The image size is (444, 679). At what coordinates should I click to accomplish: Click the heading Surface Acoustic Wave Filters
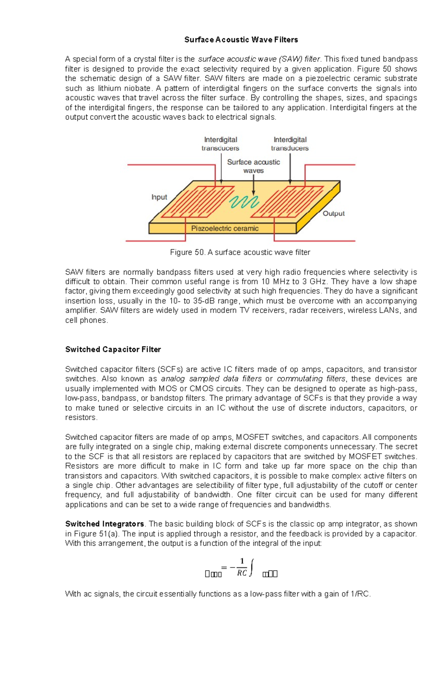pos(241,40)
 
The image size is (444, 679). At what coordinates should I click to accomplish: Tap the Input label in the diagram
pos(159,197)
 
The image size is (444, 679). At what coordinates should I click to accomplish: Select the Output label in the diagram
pos(333,214)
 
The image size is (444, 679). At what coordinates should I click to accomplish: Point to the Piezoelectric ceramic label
pos(225,229)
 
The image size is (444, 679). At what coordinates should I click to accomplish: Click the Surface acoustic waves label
pos(253,166)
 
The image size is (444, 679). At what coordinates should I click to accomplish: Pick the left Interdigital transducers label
pos(221,144)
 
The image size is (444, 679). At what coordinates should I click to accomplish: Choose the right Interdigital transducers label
pos(290,144)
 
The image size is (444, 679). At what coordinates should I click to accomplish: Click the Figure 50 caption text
pos(240,252)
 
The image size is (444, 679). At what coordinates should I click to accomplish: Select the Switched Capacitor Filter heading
pos(113,349)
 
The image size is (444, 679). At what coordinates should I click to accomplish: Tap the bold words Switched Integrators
pos(105,524)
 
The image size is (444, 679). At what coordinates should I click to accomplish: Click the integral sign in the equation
pos(252,568)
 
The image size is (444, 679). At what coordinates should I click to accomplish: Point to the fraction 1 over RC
pos(242,567)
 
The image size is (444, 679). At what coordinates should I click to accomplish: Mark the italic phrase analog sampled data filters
pos(211,379)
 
